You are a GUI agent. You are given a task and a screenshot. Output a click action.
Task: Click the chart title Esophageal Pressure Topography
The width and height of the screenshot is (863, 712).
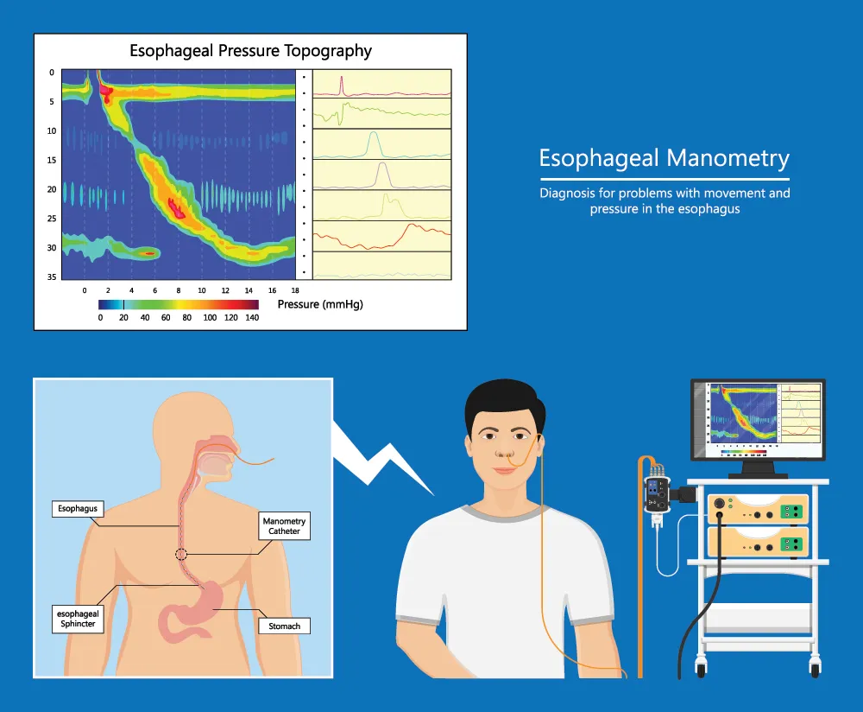[250, 51]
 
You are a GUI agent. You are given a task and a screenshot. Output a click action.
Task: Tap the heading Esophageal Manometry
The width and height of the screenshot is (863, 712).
[664, 159]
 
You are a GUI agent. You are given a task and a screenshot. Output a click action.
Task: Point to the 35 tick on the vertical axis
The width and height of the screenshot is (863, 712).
[52, 277]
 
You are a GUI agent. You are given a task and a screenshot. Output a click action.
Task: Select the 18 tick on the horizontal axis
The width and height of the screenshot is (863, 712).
[295, 291]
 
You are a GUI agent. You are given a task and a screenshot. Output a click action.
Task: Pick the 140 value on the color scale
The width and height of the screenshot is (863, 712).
[251, 318]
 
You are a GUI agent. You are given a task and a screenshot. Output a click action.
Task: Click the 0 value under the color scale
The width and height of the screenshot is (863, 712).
[100, 318]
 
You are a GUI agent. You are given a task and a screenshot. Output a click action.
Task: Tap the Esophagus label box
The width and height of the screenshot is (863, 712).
[78, 509]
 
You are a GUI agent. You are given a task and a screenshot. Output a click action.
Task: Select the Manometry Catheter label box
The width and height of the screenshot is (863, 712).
[284, 526]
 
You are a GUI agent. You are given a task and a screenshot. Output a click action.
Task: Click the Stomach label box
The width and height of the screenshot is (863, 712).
[284, 625]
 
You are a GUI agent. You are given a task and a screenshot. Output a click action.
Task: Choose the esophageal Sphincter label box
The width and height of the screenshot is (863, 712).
[78, 619]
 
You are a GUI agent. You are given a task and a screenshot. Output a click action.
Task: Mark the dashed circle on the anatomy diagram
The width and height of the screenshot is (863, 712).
[181, 555]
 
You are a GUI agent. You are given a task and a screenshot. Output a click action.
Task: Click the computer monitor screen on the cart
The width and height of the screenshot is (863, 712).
[757, 418]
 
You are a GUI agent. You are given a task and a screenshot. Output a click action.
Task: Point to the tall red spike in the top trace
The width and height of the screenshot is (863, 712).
[342, 84]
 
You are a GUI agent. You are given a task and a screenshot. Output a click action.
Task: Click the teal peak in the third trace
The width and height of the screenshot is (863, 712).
[373, 142]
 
